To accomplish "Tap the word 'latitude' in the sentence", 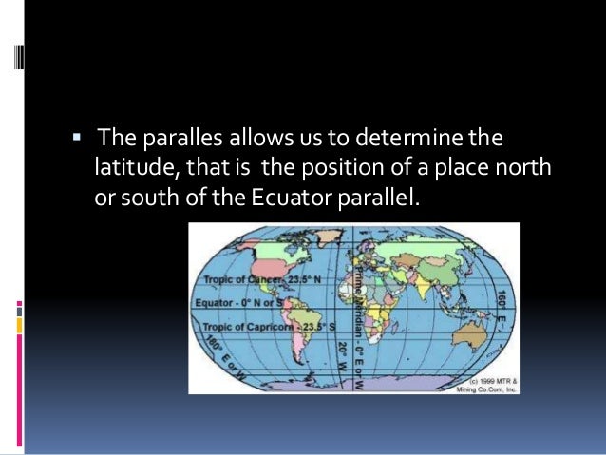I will (x=131, y=170).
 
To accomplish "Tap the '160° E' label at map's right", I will (x=502, y=306).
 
